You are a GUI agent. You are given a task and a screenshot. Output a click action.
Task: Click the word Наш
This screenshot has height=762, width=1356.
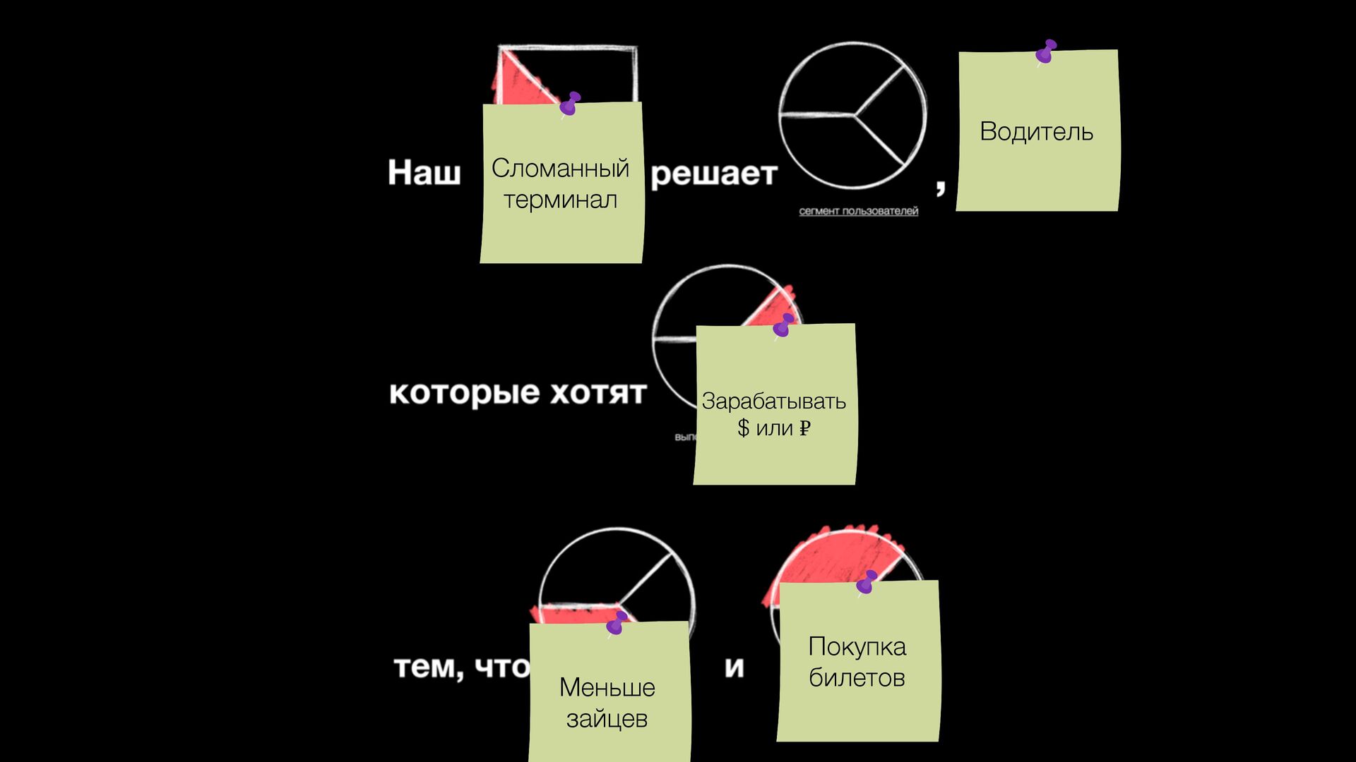424,172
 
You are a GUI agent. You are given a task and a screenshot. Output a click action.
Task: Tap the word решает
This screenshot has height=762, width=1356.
713,174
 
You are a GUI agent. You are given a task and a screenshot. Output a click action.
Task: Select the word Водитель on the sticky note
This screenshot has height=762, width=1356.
1036,132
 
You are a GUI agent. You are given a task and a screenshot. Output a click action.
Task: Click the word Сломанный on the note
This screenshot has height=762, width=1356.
560,168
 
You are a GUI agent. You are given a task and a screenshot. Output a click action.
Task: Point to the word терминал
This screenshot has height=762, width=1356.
560,200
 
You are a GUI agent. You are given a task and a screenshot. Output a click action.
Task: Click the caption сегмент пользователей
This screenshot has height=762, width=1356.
858,211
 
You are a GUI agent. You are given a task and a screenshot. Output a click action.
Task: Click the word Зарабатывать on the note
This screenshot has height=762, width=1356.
773,401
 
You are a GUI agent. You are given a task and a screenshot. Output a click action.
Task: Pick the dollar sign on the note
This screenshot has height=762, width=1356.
743,428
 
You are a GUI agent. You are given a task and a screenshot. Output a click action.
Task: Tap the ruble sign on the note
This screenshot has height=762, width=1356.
804,428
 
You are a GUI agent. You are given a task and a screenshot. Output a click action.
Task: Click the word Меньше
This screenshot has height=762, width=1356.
607,687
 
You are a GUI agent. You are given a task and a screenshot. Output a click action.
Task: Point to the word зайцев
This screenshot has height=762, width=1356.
607,718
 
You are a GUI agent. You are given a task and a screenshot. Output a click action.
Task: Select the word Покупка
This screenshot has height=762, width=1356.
857,646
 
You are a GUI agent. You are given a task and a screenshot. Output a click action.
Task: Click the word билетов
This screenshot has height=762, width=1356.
857,677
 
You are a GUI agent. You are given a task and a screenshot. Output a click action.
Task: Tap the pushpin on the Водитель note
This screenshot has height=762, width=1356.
1046,52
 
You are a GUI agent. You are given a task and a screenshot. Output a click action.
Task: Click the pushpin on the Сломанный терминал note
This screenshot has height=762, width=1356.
570,104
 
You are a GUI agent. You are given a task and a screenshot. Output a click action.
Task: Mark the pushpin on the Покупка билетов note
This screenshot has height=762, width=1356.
867,582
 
